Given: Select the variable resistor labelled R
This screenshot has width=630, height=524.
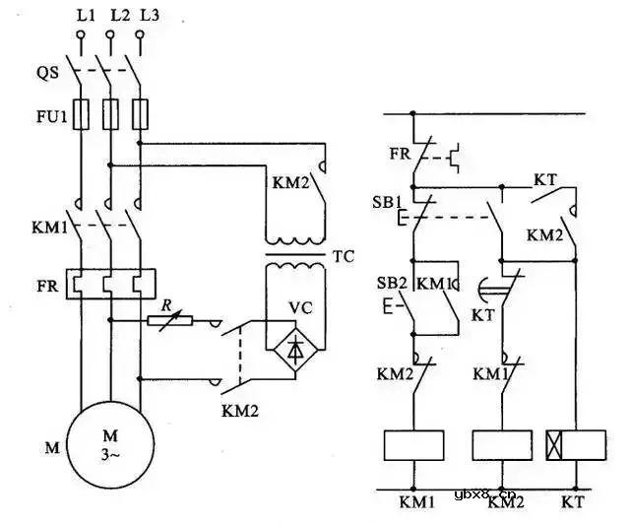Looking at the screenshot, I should click(x=170, y=319).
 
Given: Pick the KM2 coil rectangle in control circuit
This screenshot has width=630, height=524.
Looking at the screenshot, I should click(x=504, y=445).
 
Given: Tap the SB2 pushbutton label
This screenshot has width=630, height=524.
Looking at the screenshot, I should click(x=390, y=283).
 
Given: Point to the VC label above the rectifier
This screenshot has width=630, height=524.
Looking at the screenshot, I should click(x=301, y=306).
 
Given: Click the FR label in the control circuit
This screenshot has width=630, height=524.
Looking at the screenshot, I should click(x=398, y=154).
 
